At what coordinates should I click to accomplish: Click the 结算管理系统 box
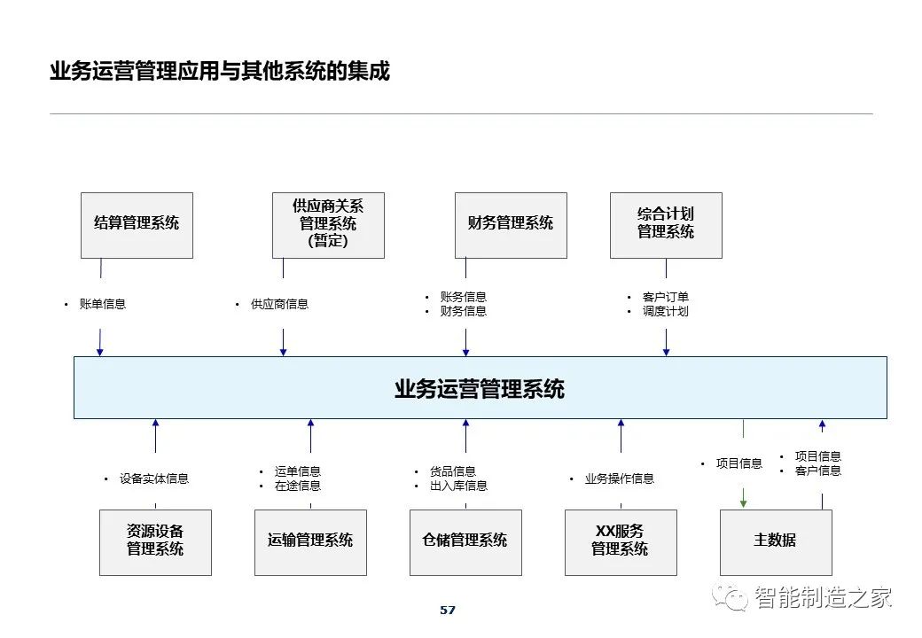[x=137, y=226]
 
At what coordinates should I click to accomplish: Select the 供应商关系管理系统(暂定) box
[x=328, y=226]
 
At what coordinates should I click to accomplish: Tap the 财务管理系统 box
[x=511, y=226]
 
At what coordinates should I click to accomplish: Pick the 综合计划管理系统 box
[x=666, y=226]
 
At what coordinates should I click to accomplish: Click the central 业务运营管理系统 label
[x=480, y=389]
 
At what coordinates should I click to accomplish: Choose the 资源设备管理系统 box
[x=155, y=543]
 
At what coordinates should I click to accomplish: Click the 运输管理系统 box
[x=310, y=543]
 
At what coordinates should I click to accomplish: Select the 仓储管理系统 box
[x=465, y=543]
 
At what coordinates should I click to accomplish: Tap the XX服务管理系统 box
[x=621, y=543]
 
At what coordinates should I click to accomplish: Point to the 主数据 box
[x=777, y=543]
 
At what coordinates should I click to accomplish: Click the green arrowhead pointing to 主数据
[x=743, y=502]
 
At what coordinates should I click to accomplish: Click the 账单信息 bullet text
[x=103, y=304]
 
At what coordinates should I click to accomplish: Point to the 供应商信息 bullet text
[x=280, y=304]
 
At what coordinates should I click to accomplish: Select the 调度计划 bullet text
[x=666, y=311]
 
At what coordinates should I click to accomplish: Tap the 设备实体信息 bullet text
[x=154, y=478]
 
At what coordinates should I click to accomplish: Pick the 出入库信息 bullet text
[x=458, y=486]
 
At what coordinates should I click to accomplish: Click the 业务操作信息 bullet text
[x=619, y=478]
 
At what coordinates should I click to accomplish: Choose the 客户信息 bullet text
[x=818, y=471]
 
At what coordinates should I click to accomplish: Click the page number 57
[x=448, y=611]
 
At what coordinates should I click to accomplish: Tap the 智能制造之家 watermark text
[x=824, y=597]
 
